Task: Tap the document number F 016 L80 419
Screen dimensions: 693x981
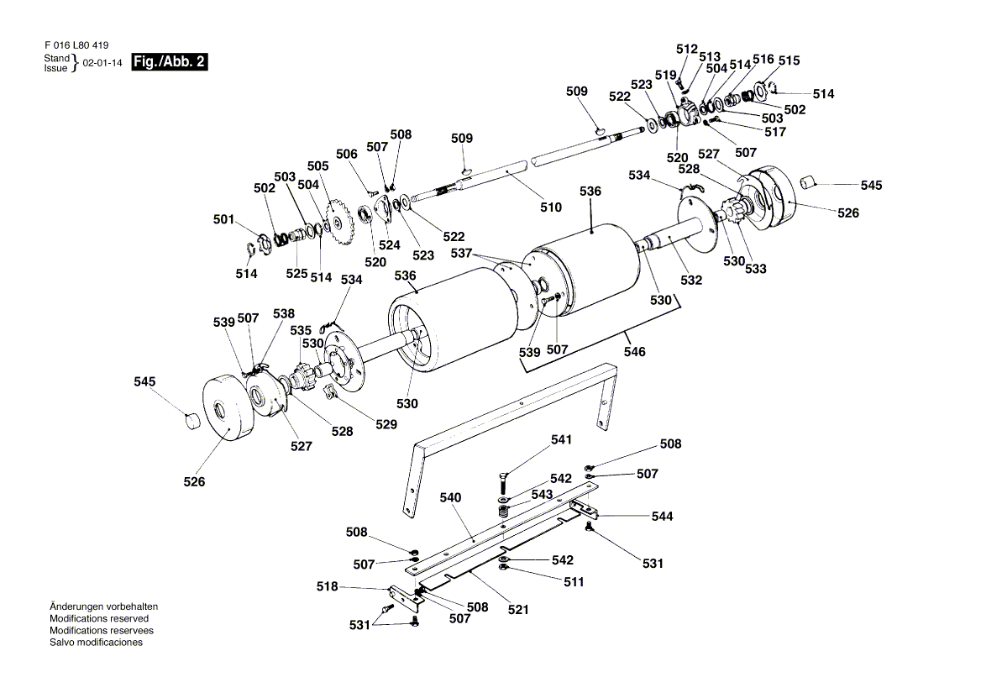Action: (x=76, y=45)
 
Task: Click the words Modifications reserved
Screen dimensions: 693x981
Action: (x=99, y=618)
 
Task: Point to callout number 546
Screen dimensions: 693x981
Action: (x=635, y=352)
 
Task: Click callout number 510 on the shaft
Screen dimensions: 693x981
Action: (x=551, y=207)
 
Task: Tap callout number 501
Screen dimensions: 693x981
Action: (x=224, y=220)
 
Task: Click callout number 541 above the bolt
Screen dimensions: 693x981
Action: (x=561, y=439)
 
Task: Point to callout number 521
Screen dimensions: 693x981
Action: (x=518, y=609)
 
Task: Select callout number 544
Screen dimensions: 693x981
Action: (x=663, y=516)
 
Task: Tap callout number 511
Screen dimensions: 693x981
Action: (x=574, y=581)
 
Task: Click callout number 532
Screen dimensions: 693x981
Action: (x=691, y=281)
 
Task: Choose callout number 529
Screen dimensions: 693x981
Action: (x=386, y=424)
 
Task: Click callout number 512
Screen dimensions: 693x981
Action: (x=686, y=49)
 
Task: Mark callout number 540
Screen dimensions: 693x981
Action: (x=451, y=498)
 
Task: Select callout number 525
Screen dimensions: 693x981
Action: (x=296, y=274)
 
